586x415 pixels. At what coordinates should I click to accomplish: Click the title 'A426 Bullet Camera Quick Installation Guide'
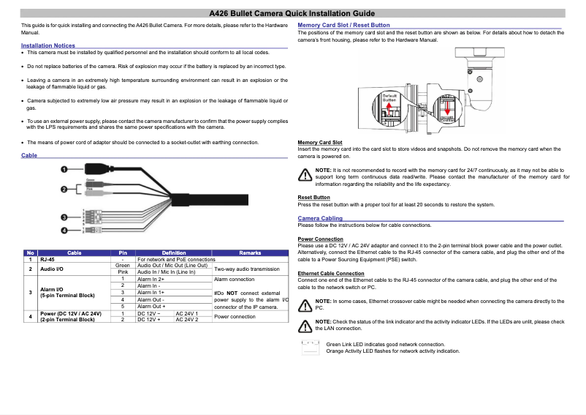coord(292,13)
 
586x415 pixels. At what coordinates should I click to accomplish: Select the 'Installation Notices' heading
coord(48,45)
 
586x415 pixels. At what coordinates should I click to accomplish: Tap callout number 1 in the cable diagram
coord(65,170)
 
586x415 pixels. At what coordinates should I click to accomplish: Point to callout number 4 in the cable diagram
coord(65,231)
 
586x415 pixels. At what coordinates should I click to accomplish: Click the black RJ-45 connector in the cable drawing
coord(96,168)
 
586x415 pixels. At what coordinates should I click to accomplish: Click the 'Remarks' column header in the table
coord(250,253)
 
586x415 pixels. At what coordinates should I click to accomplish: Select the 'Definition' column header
coord(173,253)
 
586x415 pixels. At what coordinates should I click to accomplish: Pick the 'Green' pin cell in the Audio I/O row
coord(123,265)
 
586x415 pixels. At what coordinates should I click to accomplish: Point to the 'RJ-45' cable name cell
coord(47,259)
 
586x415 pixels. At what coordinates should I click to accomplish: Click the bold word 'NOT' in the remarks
coord(232,293)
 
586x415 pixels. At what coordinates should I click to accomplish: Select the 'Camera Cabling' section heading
coord(320,218)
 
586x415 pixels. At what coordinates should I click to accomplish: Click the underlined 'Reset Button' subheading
coord(313,198)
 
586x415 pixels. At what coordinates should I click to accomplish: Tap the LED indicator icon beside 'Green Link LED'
coord(311,347)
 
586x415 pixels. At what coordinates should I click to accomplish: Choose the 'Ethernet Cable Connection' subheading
coord(331,273)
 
